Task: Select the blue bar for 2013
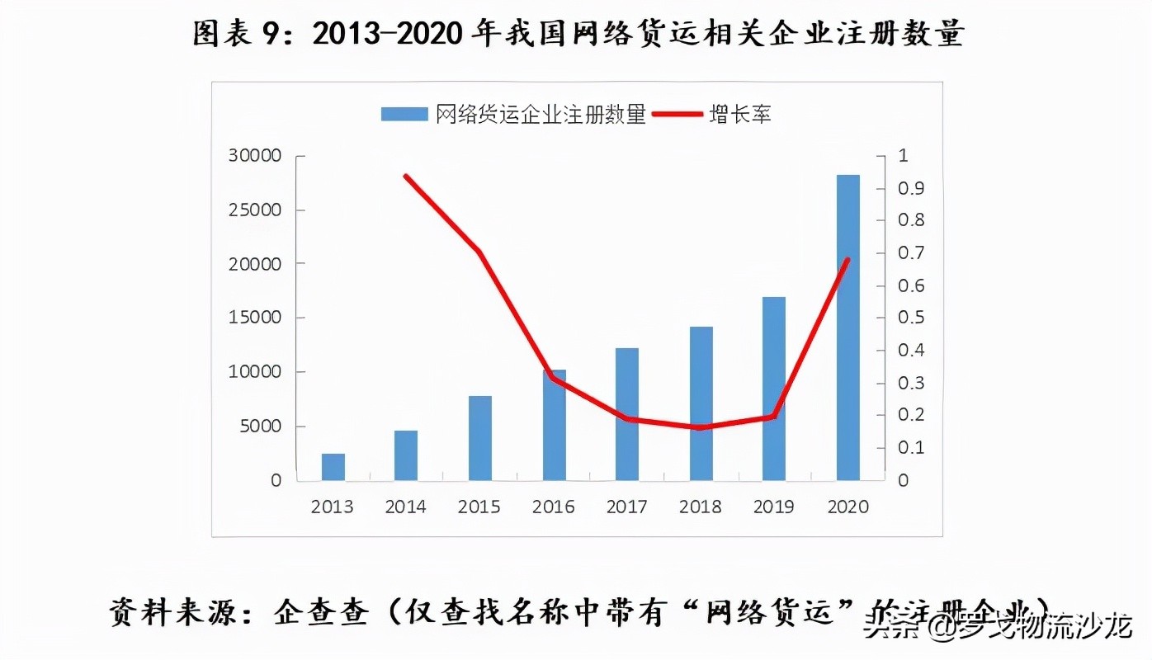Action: [333, 467]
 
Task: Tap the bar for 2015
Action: [479, 438]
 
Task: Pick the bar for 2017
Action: [627, 414]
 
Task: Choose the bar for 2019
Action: [774, 389]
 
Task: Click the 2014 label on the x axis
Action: [406, 507]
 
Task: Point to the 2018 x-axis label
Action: [701, 507]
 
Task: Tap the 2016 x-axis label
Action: [553, 507]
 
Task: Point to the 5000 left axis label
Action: [263, 427]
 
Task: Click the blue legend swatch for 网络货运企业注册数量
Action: [404, 115]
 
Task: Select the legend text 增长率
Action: [740, 115]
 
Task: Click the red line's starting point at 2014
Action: [405, 176]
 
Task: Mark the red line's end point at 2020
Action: [847, 260]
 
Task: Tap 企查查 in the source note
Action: [320, 613]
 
